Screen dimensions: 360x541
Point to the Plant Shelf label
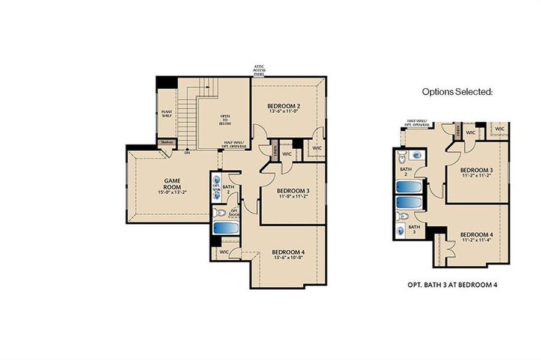[x=167, y=114]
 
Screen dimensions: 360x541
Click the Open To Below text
[x=225, y=119]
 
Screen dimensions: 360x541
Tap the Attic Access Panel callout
[x=259, y=70]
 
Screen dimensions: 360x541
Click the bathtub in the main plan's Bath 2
[x=225, y=228]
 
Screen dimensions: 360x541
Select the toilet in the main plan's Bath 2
[x=219, y=212]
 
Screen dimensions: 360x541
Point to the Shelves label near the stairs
[x=166, y=143]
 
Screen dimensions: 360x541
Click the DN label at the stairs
[x=187, y=152]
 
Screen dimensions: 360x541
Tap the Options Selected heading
[x=457, y=92]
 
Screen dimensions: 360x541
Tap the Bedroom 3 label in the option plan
[x=477, y=170]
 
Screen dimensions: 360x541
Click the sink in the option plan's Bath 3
[x=401, y=230]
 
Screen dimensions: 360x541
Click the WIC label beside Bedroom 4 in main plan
[x=224, y=252]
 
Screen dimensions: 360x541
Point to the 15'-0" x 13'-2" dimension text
[x=173, y=193]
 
